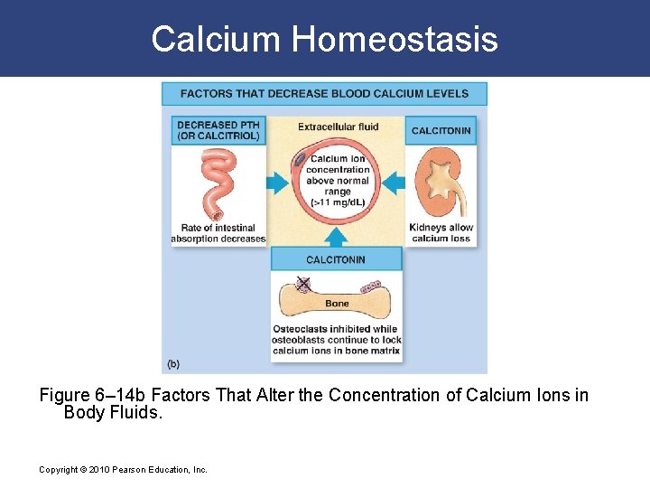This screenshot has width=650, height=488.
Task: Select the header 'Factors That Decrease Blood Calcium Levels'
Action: coord(324,93)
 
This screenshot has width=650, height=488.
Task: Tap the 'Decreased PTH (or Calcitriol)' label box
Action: coord(218,130)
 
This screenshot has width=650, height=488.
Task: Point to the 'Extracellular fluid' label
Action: coord(338,127)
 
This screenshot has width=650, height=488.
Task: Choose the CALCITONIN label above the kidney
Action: coord(441,130)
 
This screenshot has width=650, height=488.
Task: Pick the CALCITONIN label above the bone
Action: coord(336,259)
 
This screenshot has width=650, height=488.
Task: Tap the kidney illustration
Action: coord(441,180)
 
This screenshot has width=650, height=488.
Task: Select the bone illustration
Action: coord(337,296)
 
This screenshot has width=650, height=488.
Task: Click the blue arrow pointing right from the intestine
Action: coord(276,183)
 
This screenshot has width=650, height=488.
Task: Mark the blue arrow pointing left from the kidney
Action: coord(394,183)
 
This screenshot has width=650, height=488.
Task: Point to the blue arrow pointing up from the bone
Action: coord(336,236)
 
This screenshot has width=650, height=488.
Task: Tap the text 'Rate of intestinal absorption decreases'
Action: coord(218,233)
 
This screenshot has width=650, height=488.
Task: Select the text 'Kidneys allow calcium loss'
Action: coord(441,233)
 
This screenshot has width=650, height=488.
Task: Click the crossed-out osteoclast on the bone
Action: coord(303,284)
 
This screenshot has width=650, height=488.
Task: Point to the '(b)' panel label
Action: coord(172,364)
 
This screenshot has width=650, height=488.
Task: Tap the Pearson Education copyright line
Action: coord(124,469)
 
